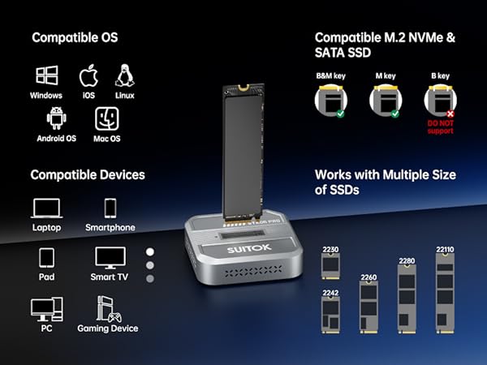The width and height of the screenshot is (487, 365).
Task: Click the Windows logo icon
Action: click(46, 77)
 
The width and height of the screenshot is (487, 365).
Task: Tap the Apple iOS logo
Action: click(88, 77)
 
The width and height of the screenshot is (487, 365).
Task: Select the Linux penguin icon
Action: click(124, 75)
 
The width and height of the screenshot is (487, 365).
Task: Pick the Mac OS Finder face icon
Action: click(107, 118)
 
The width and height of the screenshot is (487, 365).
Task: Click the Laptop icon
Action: click(46, 208)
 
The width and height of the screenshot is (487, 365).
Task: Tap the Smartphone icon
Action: click(110, 208)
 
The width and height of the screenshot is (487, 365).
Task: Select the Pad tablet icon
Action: click(46, 258)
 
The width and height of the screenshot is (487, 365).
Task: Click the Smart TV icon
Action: click(110, 258)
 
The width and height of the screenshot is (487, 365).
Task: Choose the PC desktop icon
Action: click(46, 308)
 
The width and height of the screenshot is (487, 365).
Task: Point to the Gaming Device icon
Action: click(107, 308)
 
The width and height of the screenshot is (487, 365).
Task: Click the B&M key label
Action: click(329, 75)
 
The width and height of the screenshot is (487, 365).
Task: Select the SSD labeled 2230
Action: click(330, 265)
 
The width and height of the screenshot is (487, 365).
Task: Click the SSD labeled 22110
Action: click(444, 291)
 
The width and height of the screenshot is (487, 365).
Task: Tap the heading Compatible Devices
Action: click(88, 174)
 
